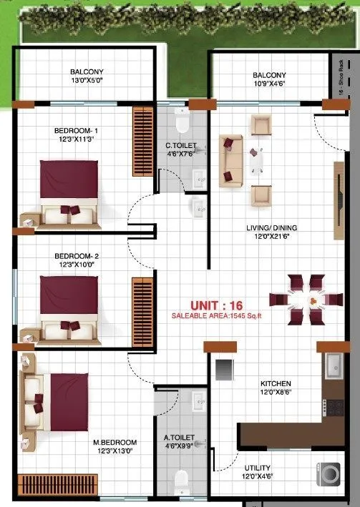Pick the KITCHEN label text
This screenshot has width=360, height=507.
[x=276, y=384]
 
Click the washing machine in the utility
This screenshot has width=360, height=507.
[x=327, y=474]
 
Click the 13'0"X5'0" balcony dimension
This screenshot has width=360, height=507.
[x=87, y=82]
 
